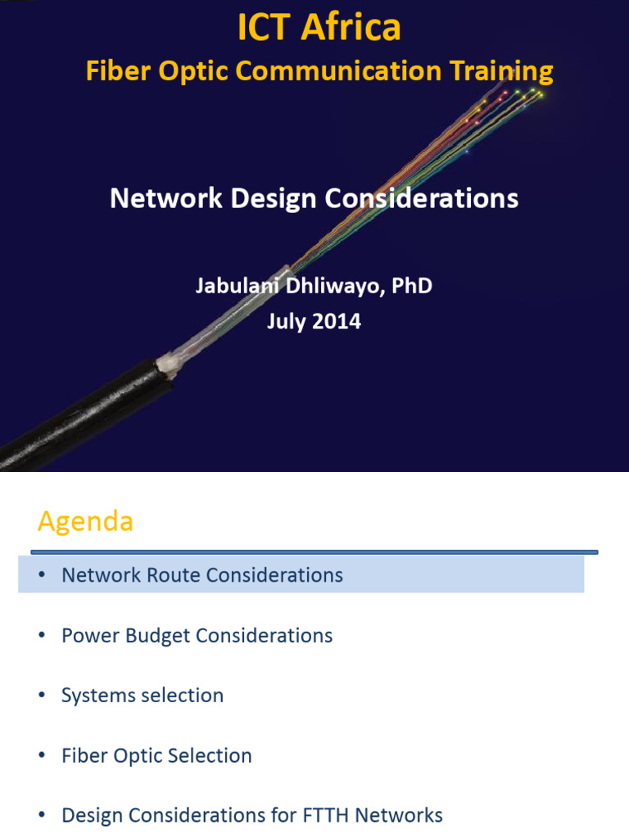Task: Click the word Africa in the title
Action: tap(351, 28)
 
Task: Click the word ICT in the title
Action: tap(265, 28)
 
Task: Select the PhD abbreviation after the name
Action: tap(412, 286)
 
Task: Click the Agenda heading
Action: tap(85, 521)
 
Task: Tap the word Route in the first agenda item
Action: tap(174, 575)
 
